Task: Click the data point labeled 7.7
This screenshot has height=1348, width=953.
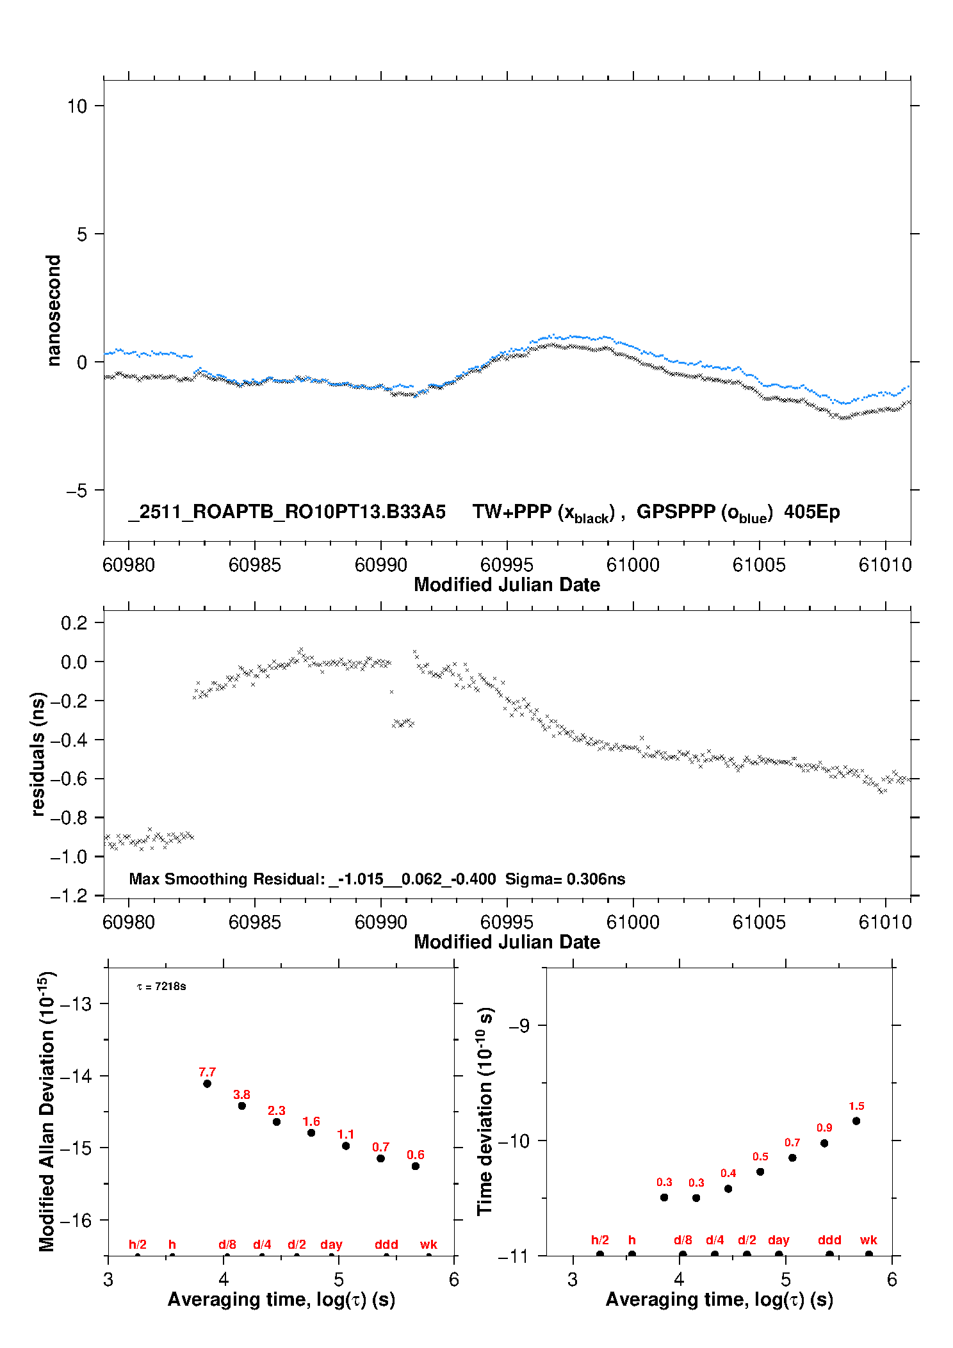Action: (x=207, y=1084)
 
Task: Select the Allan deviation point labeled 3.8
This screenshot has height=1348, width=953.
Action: (x=242, y=1106)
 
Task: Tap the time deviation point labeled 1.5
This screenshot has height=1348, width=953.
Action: (x=856, y=1121)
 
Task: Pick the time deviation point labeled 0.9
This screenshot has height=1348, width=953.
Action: (x=824, y=1143)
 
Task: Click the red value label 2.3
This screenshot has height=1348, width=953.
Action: (x=277, y=1110)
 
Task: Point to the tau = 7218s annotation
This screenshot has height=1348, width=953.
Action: (x=161, y=986)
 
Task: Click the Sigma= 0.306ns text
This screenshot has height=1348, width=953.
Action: (x=565, y=879)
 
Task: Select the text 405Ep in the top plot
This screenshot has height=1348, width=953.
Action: (x=811, y=512)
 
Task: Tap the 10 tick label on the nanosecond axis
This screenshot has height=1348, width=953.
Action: (x=77, y=106)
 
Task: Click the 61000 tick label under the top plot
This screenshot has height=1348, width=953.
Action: (x=633, y=565)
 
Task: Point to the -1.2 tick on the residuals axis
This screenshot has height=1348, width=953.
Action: (x=72, y=895)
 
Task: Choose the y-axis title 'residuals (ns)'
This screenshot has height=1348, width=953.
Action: (x=38, y=754)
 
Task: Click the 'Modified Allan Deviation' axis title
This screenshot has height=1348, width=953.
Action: (x=47, y=1111)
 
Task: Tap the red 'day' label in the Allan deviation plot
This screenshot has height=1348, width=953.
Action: (x=331, y=1244)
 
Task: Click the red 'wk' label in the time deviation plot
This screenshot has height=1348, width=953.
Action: (x=868, y=1240)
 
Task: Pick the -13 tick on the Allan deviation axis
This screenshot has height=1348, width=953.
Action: (x=76, y=1004)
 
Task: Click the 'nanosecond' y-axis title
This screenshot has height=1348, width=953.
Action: (x=53, y=310)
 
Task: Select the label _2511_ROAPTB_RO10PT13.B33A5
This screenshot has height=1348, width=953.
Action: (x=287, y=512)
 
